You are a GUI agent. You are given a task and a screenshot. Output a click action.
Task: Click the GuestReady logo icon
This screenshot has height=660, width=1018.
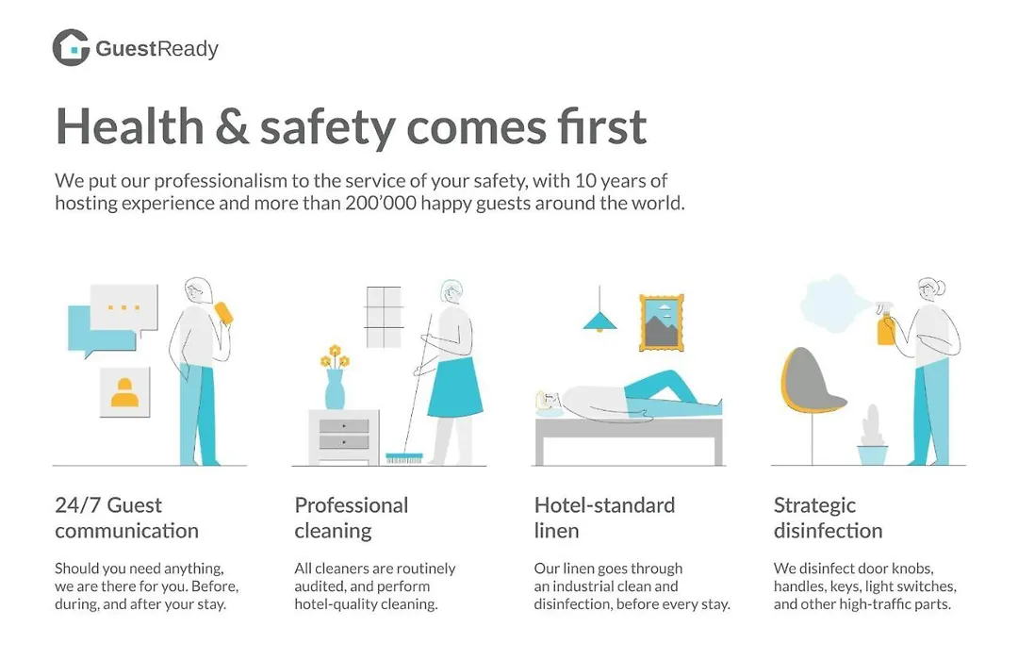[x=71, y=47]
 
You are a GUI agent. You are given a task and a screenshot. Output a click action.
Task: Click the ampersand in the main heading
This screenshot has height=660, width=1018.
[x=231, y=126]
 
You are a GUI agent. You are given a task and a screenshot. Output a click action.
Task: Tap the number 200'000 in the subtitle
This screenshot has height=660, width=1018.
[x=381, y=204]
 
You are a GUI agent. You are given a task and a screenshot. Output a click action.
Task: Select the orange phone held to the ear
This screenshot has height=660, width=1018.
[x=223, y=312]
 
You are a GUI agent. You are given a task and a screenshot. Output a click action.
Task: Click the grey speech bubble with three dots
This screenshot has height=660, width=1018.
[x=124, y=308]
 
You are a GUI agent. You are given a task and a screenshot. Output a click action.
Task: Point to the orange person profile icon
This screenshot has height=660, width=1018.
[x=124, y=393]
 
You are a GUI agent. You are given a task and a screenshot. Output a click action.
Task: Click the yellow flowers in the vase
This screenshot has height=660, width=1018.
[x=335, y=356]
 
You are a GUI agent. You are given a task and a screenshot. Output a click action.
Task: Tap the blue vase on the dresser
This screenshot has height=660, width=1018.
[x=335, y=389]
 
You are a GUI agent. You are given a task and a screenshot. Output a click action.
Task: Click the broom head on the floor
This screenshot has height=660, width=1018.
[x=403, y=458]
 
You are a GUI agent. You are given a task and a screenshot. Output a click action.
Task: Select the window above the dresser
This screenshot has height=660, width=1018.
[x=384, y=317]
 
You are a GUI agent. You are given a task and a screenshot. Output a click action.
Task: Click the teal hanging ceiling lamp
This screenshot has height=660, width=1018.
[x=599, y=322]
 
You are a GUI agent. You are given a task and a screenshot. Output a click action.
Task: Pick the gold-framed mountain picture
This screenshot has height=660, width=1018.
[x=662, y=322]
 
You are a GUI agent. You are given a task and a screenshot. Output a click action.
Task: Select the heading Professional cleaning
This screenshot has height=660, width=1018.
[x=352, y=518]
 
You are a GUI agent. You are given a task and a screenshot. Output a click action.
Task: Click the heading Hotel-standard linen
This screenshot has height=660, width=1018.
[x=604, y=518]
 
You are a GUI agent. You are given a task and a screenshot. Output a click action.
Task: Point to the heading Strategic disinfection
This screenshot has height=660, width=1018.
[x=828, y=518]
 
